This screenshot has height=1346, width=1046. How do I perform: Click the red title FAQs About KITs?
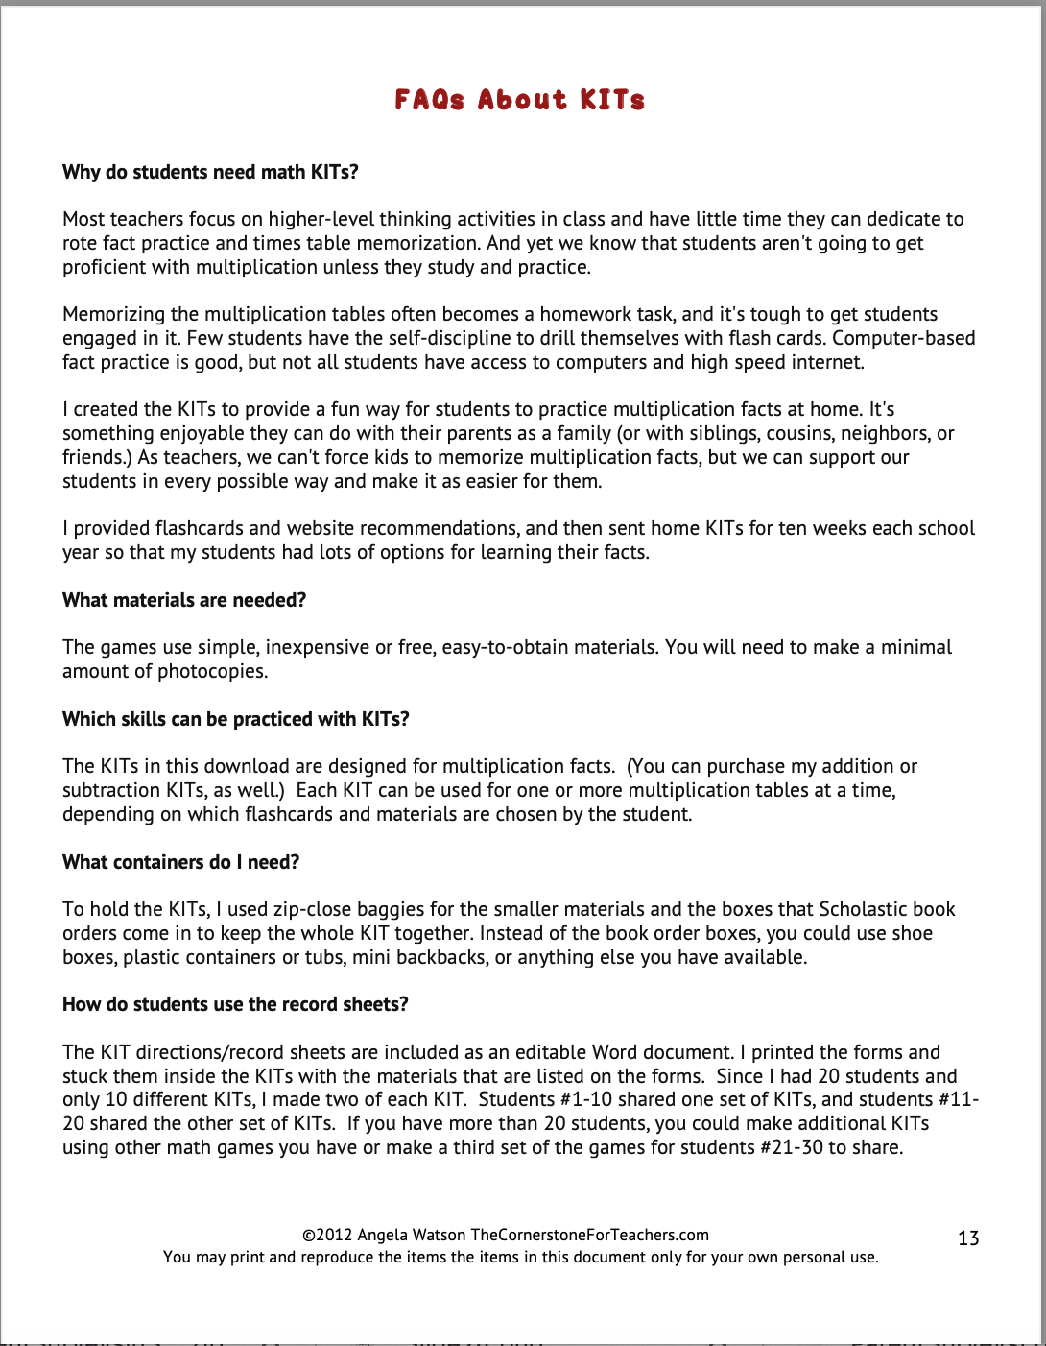coord(519,100)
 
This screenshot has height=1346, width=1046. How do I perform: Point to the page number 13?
coord(968,1238)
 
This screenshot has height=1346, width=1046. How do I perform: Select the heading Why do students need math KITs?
coord(210,173)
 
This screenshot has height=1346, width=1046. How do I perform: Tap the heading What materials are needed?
coord(184,601)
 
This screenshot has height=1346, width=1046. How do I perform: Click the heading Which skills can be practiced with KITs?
coord(236,720)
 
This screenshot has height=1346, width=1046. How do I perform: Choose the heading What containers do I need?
coord(180,862)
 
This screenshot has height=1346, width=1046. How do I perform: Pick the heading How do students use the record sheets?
coord(235,1005)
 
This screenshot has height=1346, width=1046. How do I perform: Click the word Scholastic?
coord(862,909)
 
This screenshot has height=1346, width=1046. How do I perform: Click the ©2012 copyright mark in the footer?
coord(326,1236)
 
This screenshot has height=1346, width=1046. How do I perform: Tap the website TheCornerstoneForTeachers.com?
coord(589,1236)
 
